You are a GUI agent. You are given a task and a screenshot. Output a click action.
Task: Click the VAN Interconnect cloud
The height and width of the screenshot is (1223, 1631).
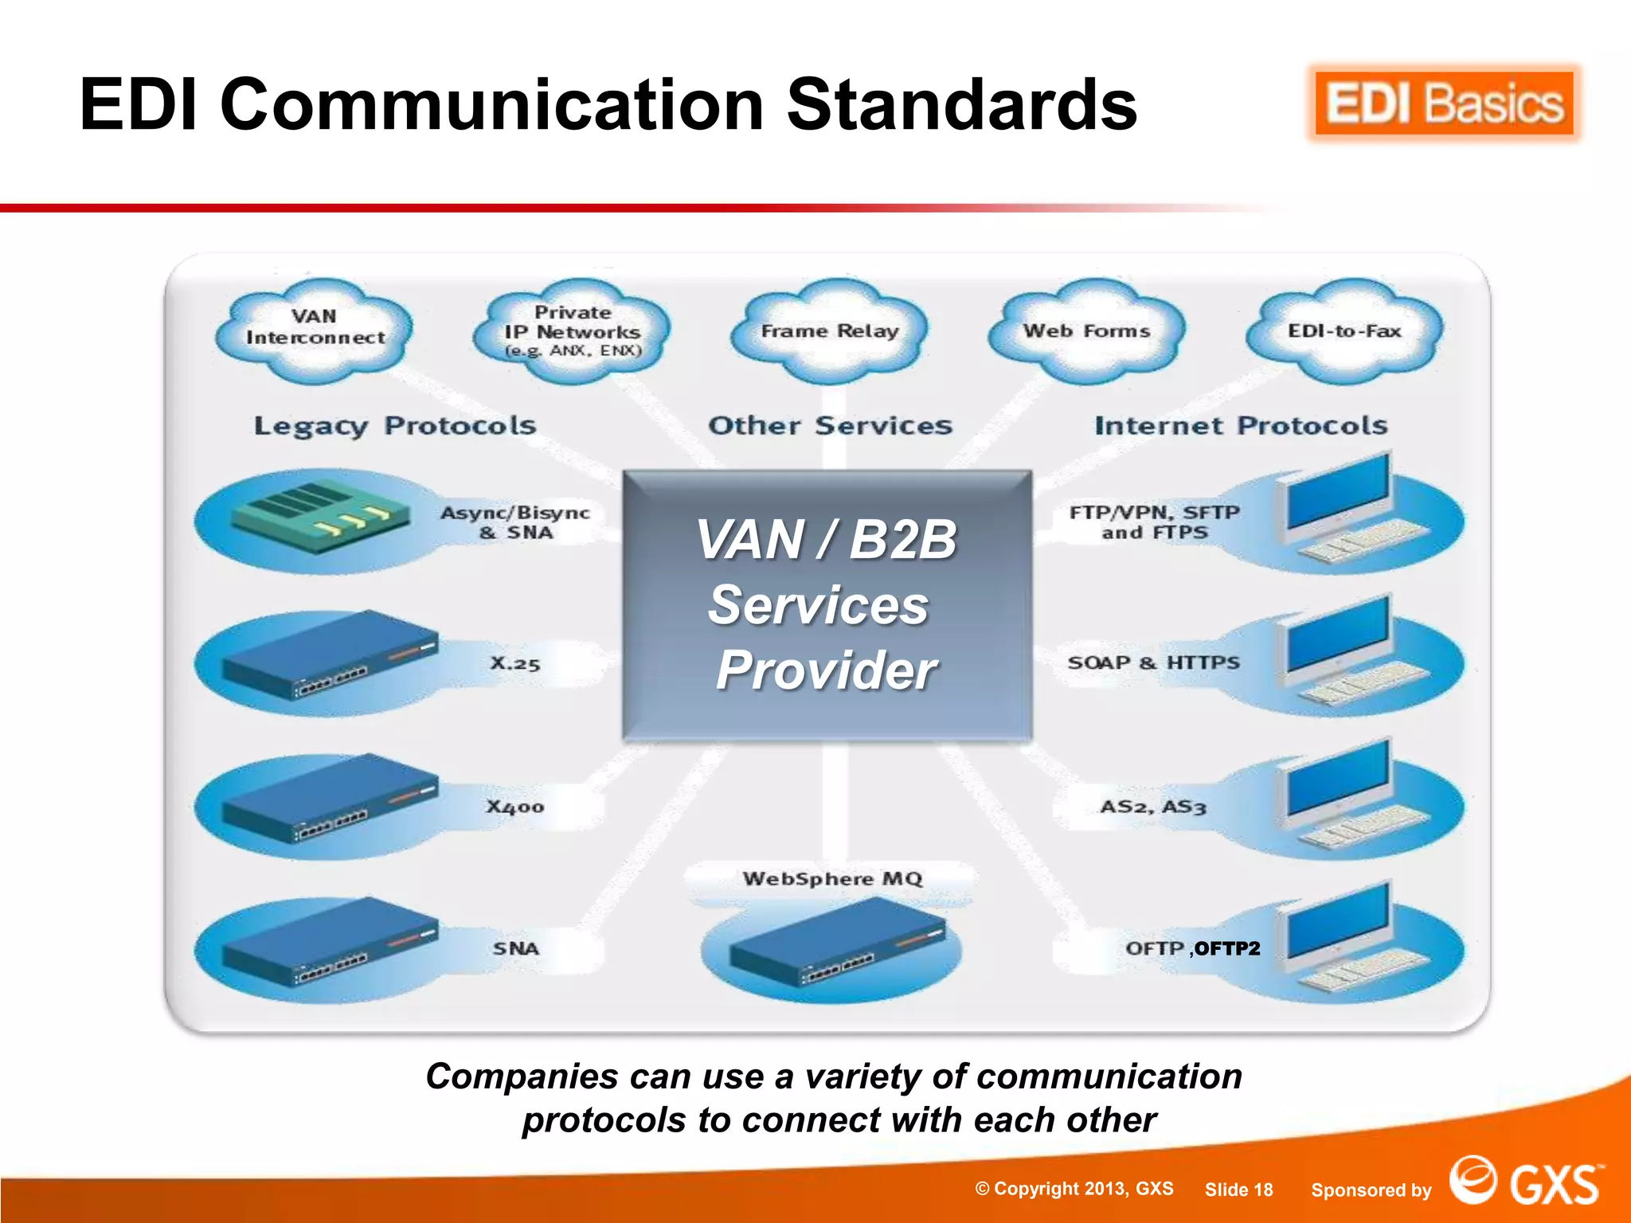click(x=315, y=328)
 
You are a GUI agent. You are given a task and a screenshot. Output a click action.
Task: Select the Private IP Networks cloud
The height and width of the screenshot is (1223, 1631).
click(x=572, y=331)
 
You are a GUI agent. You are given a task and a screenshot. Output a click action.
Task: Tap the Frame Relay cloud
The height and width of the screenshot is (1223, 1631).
click(x=829, y=330)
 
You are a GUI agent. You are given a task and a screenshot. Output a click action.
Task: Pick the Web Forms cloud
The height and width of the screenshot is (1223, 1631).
click(x=1086, y=330)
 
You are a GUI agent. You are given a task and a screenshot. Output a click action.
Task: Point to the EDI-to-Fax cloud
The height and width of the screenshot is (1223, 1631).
click(x=1344, y=330)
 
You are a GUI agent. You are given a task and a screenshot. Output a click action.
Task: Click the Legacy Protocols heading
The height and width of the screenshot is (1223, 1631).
click(x=395, y=426)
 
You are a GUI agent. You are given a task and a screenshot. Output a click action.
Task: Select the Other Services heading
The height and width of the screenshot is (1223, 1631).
click(x=830, y=426)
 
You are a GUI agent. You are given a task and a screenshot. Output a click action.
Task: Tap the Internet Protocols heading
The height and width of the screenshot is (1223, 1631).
click(x=1241, y=426)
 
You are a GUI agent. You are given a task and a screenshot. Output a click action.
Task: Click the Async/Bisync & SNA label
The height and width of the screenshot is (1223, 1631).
click(x=515, y=522)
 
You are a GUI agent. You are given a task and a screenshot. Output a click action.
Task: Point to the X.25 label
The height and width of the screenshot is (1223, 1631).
click(x=515, y=663)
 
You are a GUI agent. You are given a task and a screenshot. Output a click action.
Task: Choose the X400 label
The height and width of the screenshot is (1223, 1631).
click(x=515, y=807)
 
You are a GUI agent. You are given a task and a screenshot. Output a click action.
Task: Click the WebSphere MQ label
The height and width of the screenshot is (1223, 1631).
click(x=832, y=879)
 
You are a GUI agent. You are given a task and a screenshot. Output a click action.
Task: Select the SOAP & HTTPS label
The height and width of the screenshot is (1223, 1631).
click(x=1153, y=662)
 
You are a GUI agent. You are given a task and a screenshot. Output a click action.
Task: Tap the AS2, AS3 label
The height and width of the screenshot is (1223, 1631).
click(x=1152, y=807)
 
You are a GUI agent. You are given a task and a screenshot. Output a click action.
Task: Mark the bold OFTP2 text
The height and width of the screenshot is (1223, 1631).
click(x=1227, y=948)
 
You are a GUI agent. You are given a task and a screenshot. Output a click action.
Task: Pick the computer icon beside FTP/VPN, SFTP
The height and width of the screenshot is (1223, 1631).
click(x=1346, y=510)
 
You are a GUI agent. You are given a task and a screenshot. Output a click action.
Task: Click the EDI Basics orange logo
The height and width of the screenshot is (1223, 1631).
click(x=1444, y=104)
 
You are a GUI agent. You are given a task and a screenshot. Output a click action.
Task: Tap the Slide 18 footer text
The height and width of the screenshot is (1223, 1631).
click(x=1238, y=1190)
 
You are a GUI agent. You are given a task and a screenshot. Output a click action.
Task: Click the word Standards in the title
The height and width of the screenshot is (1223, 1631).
click(x=962, y=105)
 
